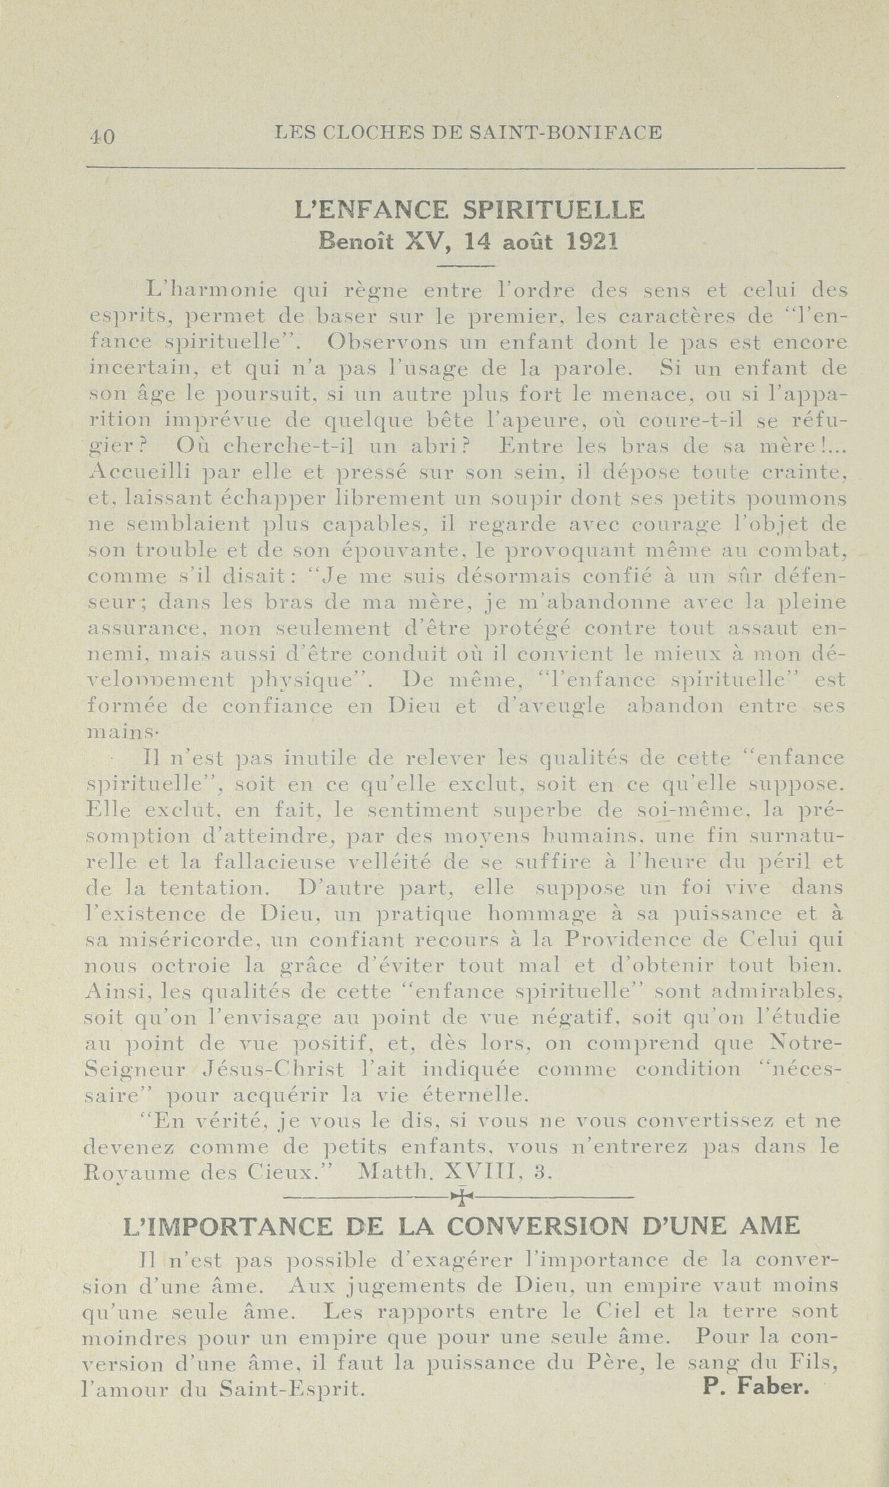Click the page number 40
point(103,136)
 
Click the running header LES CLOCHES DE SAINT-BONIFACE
point(468,132)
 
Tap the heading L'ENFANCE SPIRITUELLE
point(470,210)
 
